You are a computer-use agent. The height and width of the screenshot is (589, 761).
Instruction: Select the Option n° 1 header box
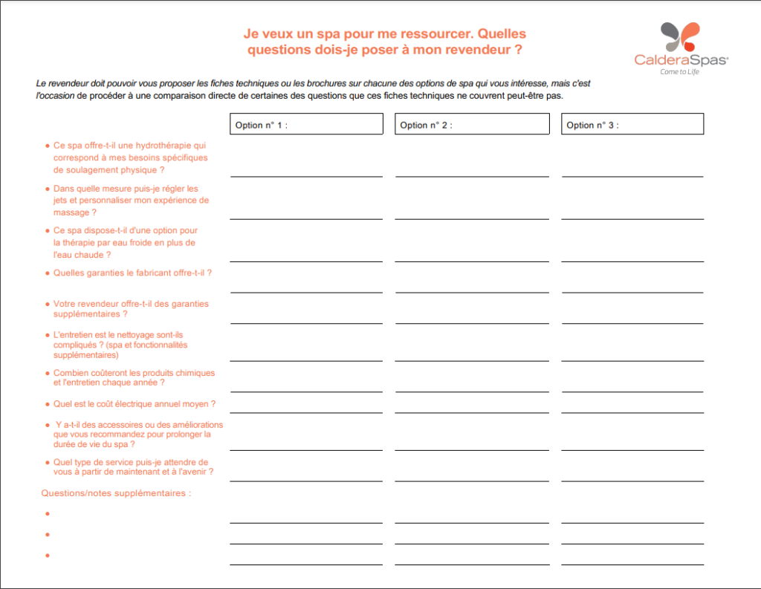pyautogui.click(x=306, y=124)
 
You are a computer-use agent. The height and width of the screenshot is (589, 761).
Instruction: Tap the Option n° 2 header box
pyautogui.click(x=471, y=124)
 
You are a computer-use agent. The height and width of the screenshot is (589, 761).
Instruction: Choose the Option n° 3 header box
pyautogui.click(x=632, y=124)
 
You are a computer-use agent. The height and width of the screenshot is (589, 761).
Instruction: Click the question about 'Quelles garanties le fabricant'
pyautogui.click(x=132, y=273)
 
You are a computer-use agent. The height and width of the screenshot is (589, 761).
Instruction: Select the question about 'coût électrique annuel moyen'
pyautogui.click(x=135, y=404)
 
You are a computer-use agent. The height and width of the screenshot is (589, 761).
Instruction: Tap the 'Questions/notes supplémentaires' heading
pyautogui.click(x=116, y=492)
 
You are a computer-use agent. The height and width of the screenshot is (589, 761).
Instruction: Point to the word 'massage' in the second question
pyautogui.click(x=71, y=212)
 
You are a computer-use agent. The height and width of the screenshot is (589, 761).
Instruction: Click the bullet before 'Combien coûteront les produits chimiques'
pyautogui.click(x=47, y=373)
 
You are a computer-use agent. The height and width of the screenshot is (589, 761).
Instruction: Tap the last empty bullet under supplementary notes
pyautogui.click(x=47, y=556)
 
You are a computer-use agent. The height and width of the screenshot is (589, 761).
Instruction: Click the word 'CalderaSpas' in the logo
pyautogui.click(x=680, y=59)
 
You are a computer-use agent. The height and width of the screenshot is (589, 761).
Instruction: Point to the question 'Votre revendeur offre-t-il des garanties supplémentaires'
pyautogui.click(x=131, y=308)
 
